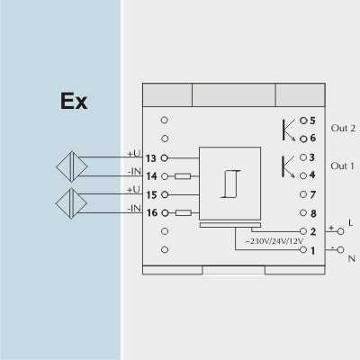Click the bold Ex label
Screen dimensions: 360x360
(74, 101)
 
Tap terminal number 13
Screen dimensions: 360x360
(151, 158)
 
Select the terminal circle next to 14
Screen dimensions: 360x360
(165, 176)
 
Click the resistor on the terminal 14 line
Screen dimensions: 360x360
(183, 176)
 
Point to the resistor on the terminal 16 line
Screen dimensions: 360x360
(184, 213)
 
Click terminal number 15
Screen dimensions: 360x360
(151, 195)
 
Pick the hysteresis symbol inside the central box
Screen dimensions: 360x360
(230, 184)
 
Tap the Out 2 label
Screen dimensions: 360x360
(343, 128)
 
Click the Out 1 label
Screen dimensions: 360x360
(342, 166)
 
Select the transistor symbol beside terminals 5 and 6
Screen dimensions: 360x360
(289, 130)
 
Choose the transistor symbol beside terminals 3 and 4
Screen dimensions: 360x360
(288, 167)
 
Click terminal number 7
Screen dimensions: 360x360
(313, 194)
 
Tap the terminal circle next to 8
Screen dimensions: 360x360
(303, 213)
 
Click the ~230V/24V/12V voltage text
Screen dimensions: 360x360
(274, 241)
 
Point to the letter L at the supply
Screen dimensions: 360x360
(351, 223)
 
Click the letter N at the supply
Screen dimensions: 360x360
(352, 258)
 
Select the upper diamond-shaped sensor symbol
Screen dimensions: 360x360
(72, 166)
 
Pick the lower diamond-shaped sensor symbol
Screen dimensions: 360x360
(71, 203)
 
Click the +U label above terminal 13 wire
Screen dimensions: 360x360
(134, 154)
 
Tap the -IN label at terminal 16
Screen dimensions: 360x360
(134, 208)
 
